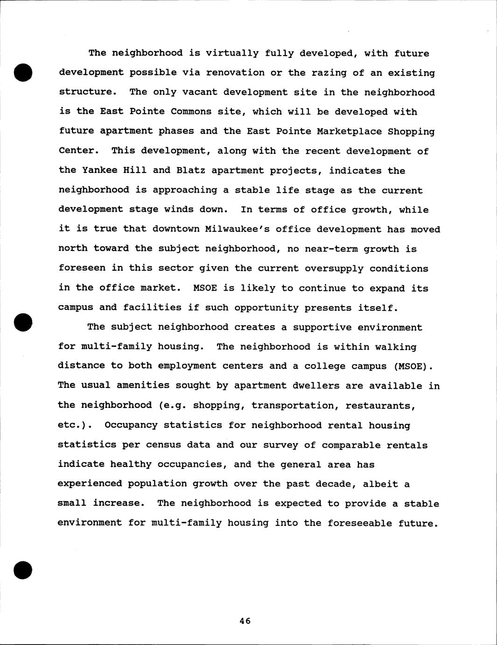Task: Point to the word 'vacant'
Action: (200, 92)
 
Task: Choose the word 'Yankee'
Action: (99, 171)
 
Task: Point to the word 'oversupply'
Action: (334, 268)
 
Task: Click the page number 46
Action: (245, 621)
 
